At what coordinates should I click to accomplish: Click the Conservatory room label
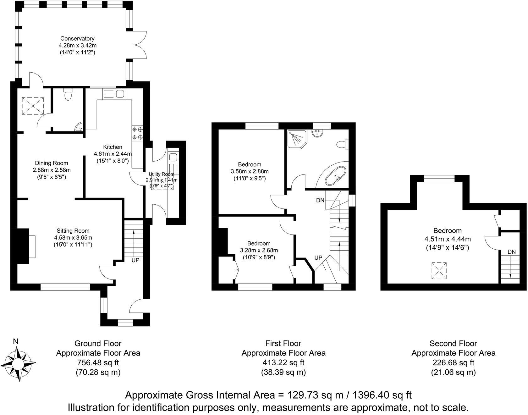tap(77, 39)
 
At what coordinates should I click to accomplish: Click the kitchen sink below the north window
tap(120, 93)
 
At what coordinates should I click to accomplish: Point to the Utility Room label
tap(162, 174)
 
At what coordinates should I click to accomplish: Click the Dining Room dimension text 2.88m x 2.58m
tap(52, 170)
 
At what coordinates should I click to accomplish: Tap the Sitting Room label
tap(73, 230)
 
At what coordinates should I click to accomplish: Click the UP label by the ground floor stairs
tap(135, 260)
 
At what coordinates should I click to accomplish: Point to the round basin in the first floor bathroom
tap(317, 132)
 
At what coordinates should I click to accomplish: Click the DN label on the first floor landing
tap(320, 200)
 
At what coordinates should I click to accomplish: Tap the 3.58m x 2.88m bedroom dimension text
tap(250, 171)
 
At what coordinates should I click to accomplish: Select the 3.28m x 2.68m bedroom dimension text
tap(259, 250)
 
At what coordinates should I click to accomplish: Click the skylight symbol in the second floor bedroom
tap(439, 270)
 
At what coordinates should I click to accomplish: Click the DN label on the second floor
tap(511, 252)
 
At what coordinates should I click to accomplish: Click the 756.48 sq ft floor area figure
tap(98, 362)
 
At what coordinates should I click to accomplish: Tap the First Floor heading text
tap(283, 343)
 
